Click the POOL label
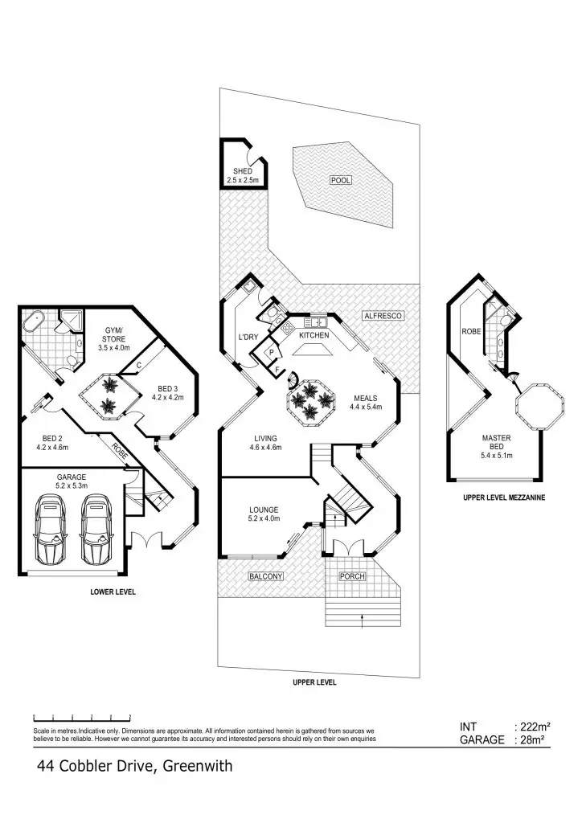click(341, 181)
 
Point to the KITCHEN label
click(315, 334)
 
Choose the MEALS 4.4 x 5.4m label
click(365, 402)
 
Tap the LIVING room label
click(265, 442)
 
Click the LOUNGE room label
click(264, 514)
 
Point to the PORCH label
click(352, 576)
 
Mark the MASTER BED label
click(497, 444)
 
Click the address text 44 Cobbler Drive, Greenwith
click(134, 766)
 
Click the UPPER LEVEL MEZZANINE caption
click(504, 497)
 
